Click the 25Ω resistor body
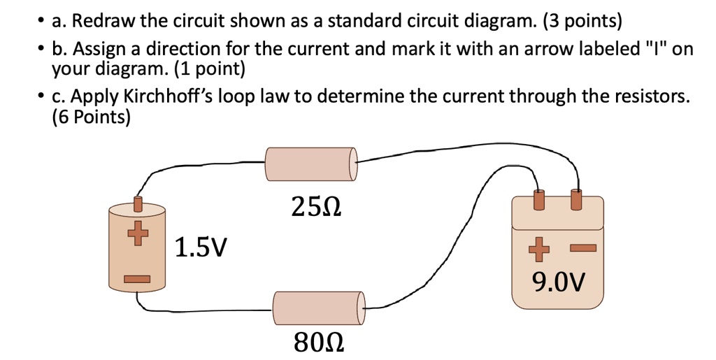point(310,165)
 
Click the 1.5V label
point(201,247)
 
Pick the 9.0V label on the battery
point(557,282)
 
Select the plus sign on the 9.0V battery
point(537,247)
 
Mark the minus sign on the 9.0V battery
point(582,247)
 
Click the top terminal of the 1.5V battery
point(138,204)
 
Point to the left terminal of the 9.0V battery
point(538,199)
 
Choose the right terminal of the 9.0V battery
point(576,199)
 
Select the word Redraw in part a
point(103,21)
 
